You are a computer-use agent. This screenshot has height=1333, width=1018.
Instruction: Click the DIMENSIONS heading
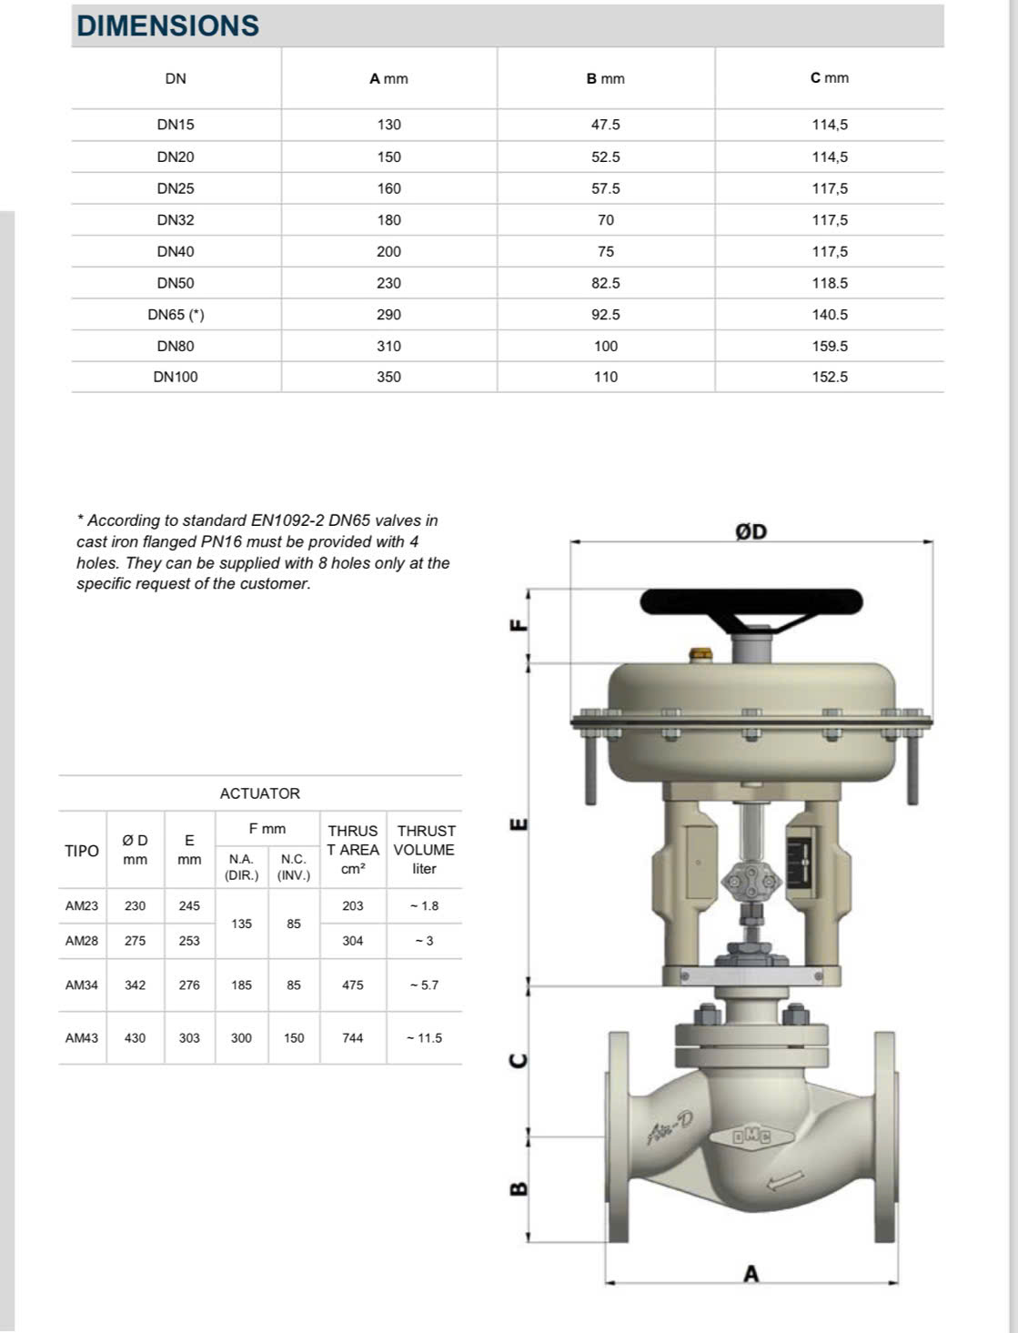[x=168, y=25]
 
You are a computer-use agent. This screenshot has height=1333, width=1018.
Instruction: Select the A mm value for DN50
[x=388, y=283]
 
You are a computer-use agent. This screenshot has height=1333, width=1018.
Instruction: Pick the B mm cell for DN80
[x=605, y=346]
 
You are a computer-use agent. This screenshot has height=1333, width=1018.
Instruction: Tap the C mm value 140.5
[x=830, y=315]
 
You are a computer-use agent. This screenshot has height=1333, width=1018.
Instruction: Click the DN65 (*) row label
[x=176, y=315]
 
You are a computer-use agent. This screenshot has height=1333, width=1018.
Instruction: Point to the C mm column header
[x=829, y=78]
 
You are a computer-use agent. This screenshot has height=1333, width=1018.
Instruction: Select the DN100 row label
[x=176, y=377]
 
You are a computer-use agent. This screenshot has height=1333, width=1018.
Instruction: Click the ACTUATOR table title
[x=259, y=793]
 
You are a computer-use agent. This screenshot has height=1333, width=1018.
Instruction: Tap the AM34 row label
[x=82, y=985]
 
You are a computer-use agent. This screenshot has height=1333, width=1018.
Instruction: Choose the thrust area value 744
[x=353, y=1037]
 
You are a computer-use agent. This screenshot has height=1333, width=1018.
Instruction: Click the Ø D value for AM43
[x=135, y=1037]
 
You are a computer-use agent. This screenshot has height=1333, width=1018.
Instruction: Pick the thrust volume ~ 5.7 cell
[x=424, y=985]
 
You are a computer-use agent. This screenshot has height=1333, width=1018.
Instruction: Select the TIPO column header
[x=82, y=851]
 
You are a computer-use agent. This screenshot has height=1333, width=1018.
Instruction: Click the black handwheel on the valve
[x=751, y=602]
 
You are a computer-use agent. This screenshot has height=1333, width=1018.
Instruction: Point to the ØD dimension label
[x=751, y=531]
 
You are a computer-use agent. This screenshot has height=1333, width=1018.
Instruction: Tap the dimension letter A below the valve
[x=751, y=1274]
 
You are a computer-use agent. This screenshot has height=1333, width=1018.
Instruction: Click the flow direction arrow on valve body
[x=785, y=1180]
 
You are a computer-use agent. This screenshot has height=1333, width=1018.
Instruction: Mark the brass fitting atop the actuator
[x=701, y=653]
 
